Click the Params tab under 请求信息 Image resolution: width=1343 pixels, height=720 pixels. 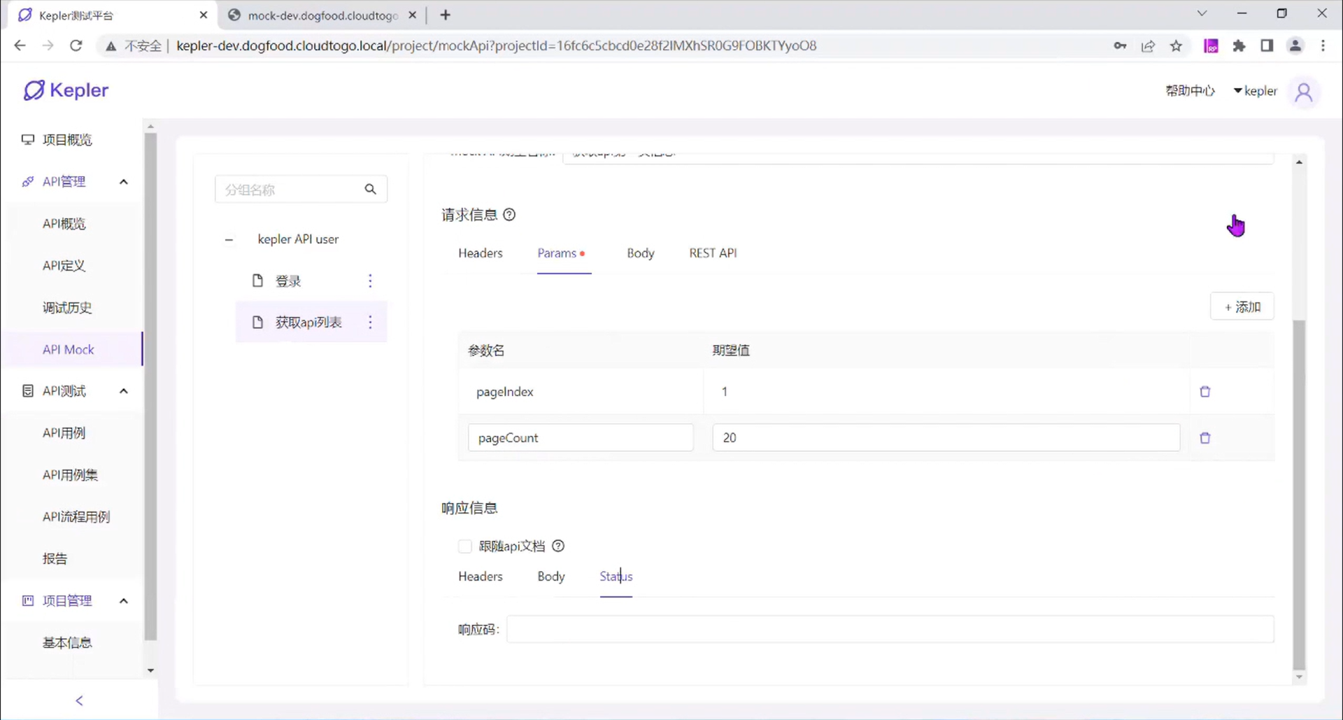click(x=557, y=253)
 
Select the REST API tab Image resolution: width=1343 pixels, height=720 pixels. click(x=713, y=253)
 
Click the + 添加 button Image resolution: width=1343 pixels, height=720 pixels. click(x=1242, y=307)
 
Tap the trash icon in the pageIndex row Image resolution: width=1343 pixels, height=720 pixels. click(x=1205, y=392)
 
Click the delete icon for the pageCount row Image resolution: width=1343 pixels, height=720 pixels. click(x=1205, y=438)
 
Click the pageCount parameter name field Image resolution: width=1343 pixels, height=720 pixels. click(x=580, y=438)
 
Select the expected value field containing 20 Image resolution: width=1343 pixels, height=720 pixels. click(x=946, y=438)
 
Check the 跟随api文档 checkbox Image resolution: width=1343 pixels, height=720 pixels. click(x=465, y=546)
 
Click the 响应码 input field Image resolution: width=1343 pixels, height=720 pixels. click(x=890, y=630)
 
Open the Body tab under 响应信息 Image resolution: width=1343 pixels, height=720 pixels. click(x=550, y=577)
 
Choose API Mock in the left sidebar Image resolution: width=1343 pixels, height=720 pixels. click(x=68, y=350)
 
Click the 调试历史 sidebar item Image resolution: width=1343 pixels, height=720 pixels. click(x=67, y=308)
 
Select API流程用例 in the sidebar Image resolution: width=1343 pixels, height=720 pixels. click(x=76, y=517)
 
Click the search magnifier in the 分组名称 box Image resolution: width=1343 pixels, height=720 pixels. click(x=370, y=190)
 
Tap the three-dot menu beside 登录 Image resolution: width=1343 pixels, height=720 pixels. click(x=370, y=281)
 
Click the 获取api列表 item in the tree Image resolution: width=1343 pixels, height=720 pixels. click(x=308, y=323)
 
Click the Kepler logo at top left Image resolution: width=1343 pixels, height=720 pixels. click(x=66, y=90)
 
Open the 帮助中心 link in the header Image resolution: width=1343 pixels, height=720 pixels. click(x=1190, y=91)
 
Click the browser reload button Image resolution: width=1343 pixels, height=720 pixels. click(x=76, y=46)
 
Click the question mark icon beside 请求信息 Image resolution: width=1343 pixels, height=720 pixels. click(x=509, y=215)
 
